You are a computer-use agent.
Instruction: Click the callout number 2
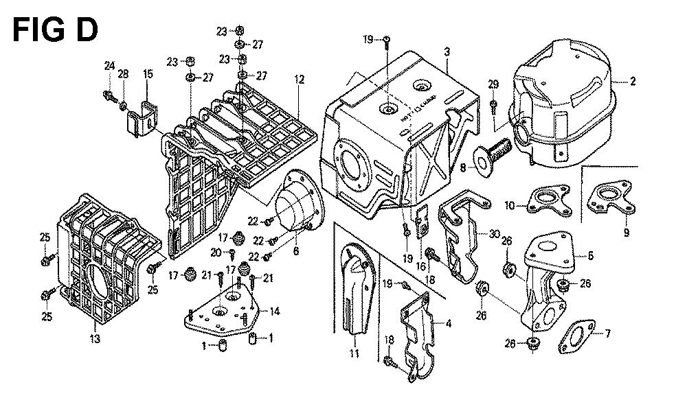(x=633, y=81)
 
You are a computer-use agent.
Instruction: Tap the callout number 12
(x=299, y=80)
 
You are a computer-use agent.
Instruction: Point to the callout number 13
(x=94, y=338)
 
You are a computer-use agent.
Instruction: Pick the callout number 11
(x=354, y=354)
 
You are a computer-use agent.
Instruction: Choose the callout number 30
(x=494, y=234)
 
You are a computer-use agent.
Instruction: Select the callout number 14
(x=274, y=312)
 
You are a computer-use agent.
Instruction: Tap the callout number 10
(x=510, y=204)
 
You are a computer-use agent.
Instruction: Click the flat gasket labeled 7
(x=578, y=337)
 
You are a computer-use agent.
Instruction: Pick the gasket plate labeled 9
(x=611, y=196)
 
